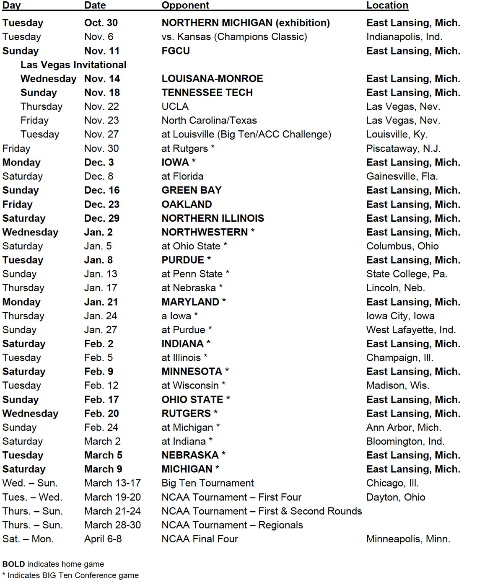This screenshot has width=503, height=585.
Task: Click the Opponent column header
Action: pos(185,5)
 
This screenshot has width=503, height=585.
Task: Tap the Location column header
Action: pos(387,5)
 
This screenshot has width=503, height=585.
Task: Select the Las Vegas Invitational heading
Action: pos(73,65)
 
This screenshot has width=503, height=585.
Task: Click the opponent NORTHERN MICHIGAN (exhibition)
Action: pos(246,23)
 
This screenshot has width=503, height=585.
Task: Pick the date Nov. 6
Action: pos(99,37)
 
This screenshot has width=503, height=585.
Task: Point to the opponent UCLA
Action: pos(175,106)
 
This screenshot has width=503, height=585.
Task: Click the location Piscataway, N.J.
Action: pos(403,148)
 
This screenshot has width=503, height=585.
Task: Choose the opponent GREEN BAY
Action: pos(192,190)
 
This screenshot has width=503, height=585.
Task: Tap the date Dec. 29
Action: pos(102,218)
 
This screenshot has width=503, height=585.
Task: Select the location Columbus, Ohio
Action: pos(402,246)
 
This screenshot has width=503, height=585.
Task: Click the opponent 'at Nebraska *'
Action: pos(192,288)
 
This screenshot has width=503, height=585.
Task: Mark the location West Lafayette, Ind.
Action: pos(411,330)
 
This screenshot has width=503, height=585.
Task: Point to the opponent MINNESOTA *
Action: pos(195,371)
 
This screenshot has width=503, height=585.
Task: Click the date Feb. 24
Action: pos(101,427)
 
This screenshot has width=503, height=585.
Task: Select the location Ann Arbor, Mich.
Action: pos(404,427)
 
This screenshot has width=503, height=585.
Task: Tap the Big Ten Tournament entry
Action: pos(207,483)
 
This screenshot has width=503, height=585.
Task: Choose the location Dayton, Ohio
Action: pos(396,497)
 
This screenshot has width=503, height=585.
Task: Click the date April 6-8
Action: pos(103,539)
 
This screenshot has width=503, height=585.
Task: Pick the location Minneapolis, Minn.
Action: pos(408,539)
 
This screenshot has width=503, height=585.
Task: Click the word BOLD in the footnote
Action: pos(13,564)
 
